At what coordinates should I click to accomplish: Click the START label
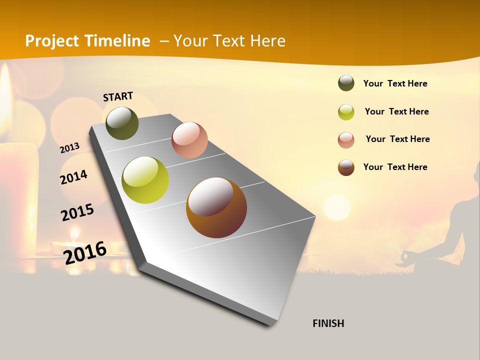click(x=118, y=96)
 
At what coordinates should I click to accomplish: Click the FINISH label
click(x=328, y=323)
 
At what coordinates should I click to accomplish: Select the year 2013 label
click(x=69, y=148)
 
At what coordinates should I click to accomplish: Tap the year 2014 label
click(x=73, y=177)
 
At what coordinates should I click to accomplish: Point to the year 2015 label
click(x=77, y=212)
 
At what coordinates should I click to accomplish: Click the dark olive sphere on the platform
click(x=122, y=123)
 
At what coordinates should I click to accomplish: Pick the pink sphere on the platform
click(x=189, y=139)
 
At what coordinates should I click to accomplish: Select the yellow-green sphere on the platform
click(x=145, y=179)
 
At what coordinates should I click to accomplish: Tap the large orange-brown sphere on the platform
click(x=216, y=207)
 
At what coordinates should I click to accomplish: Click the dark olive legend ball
click(x=346, y=83)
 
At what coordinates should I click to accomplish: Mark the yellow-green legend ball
click(x=346, y=112)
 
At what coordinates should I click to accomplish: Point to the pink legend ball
click(x=346, y=140)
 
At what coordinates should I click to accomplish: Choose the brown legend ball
click(x=346, y=167)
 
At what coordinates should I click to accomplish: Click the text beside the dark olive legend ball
click(x=395, y=83)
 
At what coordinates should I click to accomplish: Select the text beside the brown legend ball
click(x=395, y=167)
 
